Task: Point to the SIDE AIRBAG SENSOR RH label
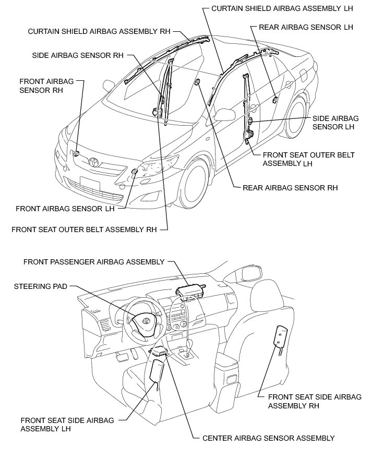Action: tap(77, 54)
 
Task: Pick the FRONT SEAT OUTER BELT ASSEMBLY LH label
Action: tap(308, 159)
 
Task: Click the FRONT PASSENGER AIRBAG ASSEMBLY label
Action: tap(94, 262)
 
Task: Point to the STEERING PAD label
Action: tap(42, 286)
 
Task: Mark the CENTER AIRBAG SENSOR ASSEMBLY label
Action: tap(268, 438)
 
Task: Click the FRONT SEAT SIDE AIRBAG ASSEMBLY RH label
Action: tap(314, 401)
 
